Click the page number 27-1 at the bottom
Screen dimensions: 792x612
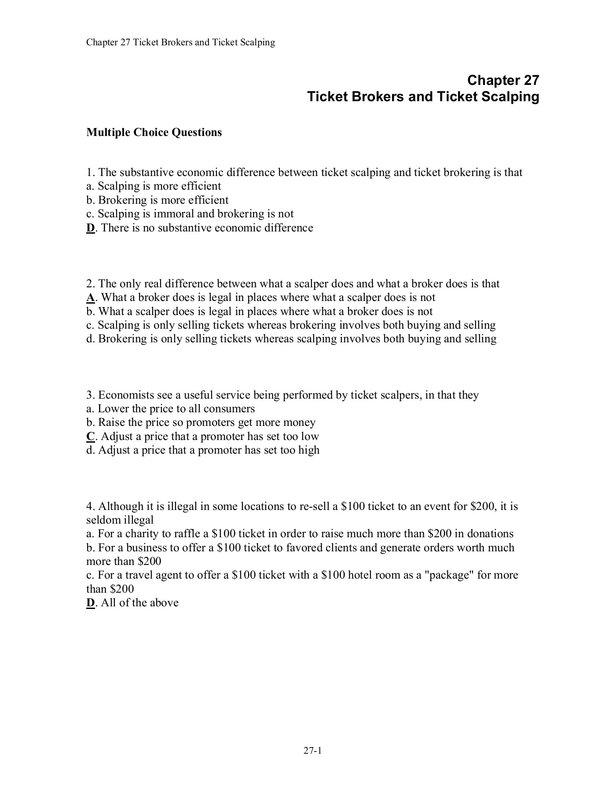click(x=313, y=751)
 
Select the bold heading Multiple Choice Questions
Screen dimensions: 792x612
click(x=154, y=132)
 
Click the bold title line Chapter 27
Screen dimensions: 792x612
click(x=503, y=80)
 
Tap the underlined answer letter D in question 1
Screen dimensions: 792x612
click(x=91, y=228)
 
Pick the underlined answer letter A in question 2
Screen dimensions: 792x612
click(x=91, y=297)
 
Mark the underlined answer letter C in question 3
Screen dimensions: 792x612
click(x=91, y=436)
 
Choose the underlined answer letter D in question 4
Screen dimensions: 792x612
click(x=91, y=603)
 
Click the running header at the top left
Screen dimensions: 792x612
click(x=180, y=42)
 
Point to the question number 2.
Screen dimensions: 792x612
click(x=89, y=284)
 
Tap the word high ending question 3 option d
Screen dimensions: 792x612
click(x=308, y=450)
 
